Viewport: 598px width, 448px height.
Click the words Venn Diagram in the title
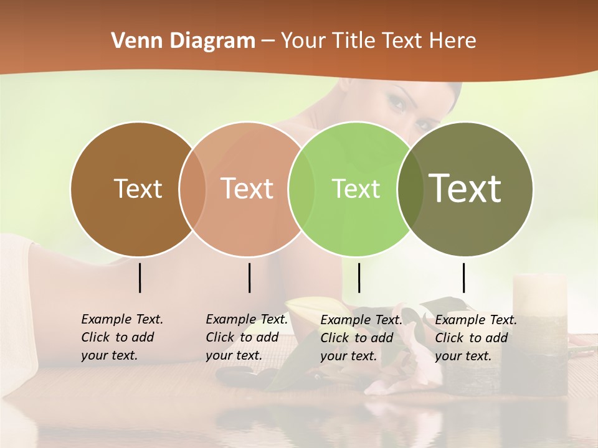[x=183, y=41]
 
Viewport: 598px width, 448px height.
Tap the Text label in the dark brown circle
[x=138, y=189]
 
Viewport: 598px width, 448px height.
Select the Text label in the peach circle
[x=247, y=189]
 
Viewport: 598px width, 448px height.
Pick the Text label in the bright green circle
[x=356, y=189]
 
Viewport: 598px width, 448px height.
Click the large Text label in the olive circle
[x=465, y=188]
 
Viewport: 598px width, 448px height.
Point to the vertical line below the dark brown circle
[x=140, y=278]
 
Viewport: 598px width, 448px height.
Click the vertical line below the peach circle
[x=249, y=278]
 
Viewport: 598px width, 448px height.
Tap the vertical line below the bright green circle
[x=359, y=278]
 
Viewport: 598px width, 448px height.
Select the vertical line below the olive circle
[x=463, y=278]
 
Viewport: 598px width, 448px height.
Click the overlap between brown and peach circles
[x=192, y=189]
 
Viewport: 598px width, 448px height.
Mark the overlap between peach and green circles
[x=301, y=189]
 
